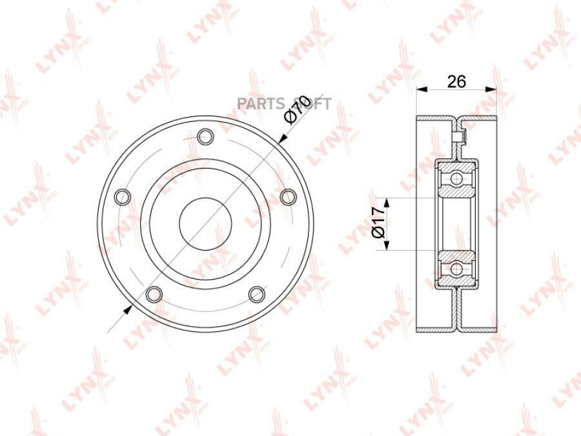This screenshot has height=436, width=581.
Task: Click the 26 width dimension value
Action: pyautogui.click(x=456, y=81)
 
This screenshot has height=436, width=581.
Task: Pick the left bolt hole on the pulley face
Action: pyautogui.click(x=123, y=197)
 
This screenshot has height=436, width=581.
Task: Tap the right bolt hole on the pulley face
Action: pyautogui.click(x=289, y=197)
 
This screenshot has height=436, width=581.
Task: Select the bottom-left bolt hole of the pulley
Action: pyautogui.click(x=154, y=294)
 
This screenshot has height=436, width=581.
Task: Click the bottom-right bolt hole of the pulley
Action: pyautogui.click(x=257, y=294)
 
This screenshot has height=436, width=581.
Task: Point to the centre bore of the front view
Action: pyautogui.click(x=206, y=223)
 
